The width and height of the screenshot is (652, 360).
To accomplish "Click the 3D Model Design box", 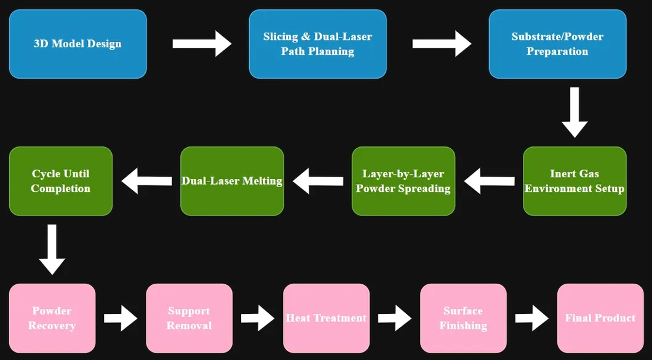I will [x=78, y=44].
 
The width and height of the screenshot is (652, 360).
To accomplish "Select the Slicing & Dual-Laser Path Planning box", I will [x=317, y=44].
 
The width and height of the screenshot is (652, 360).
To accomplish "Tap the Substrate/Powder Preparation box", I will [x=557, y=44].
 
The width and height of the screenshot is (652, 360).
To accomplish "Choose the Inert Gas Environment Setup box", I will [x=574, y=181].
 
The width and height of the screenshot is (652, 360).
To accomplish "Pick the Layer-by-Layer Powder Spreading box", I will [x=403, y=181].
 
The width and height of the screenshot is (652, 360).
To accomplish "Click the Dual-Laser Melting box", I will [x=232, y=181].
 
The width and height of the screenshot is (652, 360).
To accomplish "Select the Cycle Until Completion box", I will [x=60, y=181].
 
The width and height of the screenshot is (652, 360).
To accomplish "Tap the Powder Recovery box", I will [x=52, y=318].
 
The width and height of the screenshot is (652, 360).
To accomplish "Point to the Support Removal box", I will [x=189, y=318].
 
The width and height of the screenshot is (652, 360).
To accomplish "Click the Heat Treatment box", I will [x=326, y=318].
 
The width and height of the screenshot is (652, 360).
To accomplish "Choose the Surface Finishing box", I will [x=463, y=318].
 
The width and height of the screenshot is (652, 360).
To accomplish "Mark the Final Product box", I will [x=600, y=318].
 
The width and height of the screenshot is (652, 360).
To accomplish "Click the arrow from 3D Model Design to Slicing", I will [x=201, y=44].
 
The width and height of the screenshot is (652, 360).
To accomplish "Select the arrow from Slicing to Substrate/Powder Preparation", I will [x=441, y=44].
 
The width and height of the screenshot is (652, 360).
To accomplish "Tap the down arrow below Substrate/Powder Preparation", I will [x=574, y=112].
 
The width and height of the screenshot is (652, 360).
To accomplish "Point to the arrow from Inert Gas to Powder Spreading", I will [x=490, y=181].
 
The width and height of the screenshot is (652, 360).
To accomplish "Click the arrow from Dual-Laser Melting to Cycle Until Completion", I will [x=147, y=181].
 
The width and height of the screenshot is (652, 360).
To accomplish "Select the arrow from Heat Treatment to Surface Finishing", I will [x=394, y=318].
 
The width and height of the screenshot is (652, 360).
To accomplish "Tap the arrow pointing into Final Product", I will [x=531, y=318].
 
